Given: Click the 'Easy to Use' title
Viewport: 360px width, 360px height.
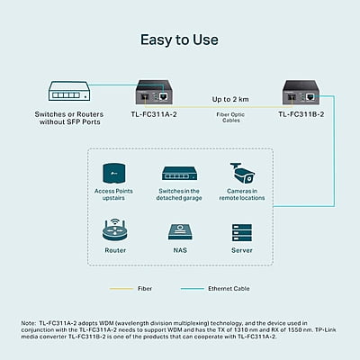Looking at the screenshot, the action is pos(179,40).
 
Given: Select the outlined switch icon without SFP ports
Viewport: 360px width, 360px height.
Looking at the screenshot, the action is pos(69,91).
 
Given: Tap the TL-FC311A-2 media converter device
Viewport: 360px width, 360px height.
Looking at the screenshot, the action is pos(154,92).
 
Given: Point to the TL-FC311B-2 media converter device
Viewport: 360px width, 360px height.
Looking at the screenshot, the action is pos(301,92).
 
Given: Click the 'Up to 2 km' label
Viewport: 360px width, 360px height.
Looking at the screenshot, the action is pos(230,99).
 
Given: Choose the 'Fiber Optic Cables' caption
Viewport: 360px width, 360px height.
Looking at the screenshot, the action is pos(230,117).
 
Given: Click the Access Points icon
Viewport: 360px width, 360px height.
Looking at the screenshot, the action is pos(113,173).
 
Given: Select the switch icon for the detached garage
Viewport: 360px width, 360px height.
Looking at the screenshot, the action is pos(180,174).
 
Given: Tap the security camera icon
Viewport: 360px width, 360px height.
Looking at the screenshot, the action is pos(242,173).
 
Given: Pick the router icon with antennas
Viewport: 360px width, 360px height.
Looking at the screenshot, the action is pos(115,230).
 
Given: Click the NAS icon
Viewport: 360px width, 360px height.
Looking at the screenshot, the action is pos(180,231).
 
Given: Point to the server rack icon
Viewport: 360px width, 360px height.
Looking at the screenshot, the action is pos(242,232).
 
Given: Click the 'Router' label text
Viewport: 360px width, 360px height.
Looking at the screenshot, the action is pos(115,250).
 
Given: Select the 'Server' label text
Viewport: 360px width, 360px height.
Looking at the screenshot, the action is pos(242,250).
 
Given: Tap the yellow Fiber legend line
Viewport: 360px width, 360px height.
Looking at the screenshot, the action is pos(121,289).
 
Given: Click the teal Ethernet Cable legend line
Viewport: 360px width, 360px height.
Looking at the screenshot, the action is pos(193,289).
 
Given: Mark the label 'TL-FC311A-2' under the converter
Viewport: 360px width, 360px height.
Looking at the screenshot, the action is pos(154,114).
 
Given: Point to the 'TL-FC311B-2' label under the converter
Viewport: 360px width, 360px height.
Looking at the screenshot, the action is pos(301,114).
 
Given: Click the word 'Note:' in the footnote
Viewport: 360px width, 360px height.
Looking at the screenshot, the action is pos(29,323).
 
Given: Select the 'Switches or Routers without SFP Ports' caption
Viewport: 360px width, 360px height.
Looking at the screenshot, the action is pos(69,118).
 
